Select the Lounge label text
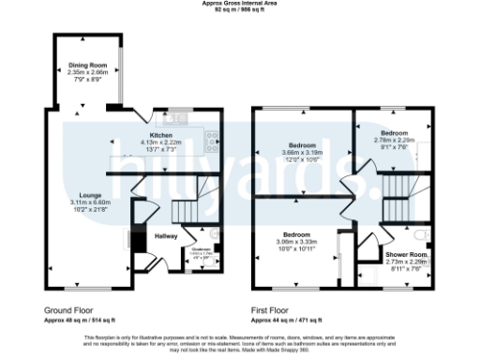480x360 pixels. [x=89, y=195]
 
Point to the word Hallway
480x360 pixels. [x=166, y=235]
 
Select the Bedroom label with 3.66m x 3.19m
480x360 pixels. [x=301, y=146]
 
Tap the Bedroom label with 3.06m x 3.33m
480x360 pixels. [x=296, y=234]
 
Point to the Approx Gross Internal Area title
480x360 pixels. [x=240, y=4]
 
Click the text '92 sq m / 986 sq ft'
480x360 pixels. [x=240, y=10]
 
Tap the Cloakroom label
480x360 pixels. [x=201, y=248]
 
